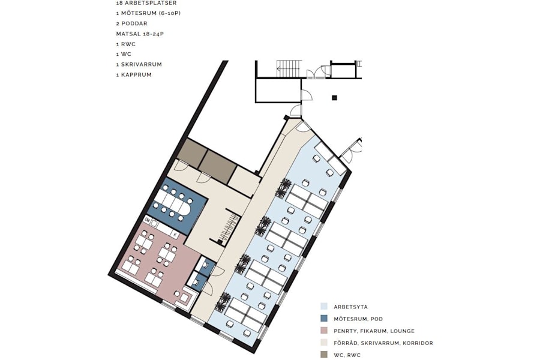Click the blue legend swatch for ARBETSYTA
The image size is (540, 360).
point(324,306)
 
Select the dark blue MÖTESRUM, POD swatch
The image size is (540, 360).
point(324,319)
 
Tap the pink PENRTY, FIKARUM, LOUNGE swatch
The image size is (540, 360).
point(324,331)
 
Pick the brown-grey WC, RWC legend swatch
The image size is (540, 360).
point(324,355)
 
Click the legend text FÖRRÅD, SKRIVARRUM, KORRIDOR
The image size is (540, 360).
point(383,343)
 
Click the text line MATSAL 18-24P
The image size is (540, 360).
point(140,34)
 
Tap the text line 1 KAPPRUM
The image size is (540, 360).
point(134,74)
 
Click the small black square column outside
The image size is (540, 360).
point(335,97)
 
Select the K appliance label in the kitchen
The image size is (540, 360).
point(175,233)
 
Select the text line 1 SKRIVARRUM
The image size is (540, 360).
point(139,64)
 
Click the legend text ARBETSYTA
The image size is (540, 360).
point(350,307)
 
